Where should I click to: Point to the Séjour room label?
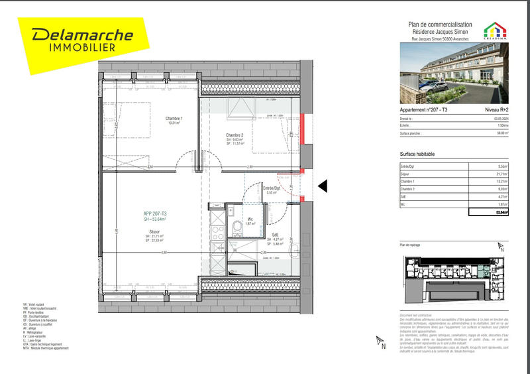(x=154, y=231)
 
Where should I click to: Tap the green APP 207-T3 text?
(x=154, y=213)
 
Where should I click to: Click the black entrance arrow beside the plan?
(x=323, y=187)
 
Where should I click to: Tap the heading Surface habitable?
(x=419, y=154)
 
